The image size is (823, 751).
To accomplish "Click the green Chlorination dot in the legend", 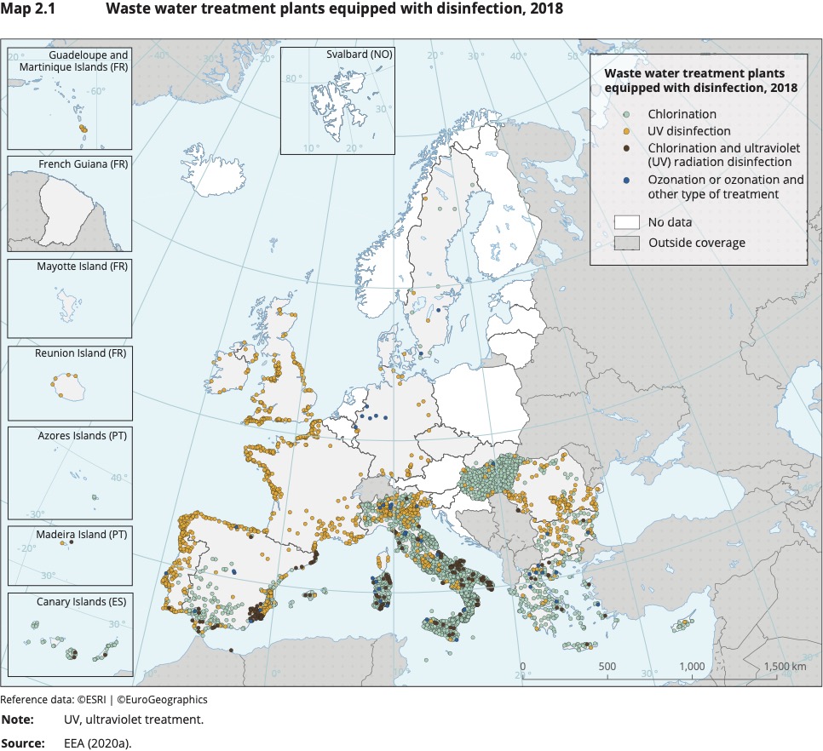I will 626,114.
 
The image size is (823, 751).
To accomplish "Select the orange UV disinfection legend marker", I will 626,132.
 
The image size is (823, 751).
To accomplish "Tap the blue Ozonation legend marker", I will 626,181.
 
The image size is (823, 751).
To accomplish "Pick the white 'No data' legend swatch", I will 626,222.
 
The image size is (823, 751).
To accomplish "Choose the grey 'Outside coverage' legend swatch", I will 626,244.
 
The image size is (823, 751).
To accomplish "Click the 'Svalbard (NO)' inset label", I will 358,54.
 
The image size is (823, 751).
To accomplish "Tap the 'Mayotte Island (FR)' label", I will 82,267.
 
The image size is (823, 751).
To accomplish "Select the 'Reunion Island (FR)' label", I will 82,353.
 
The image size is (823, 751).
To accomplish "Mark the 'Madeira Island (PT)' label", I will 81,534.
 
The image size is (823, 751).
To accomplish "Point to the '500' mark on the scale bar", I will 607,667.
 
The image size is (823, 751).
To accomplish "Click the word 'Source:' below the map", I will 23,743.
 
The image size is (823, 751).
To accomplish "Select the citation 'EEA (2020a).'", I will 97,743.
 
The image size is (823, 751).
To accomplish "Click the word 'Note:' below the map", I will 18,720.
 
